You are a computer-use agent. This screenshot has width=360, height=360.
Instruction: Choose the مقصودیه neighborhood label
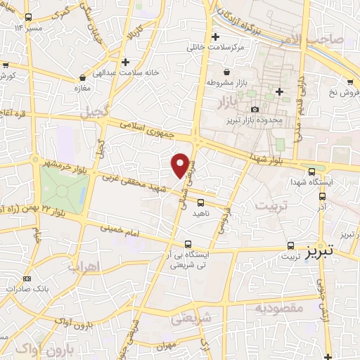279,308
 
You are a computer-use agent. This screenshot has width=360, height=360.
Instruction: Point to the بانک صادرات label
24,289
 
